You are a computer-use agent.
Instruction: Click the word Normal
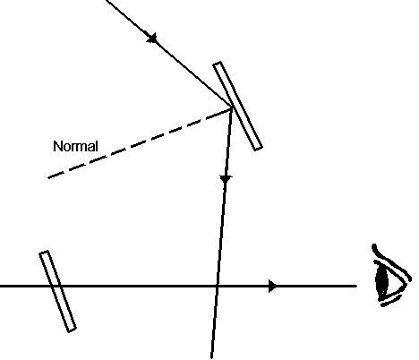pyautogui.click(x=75, y=146)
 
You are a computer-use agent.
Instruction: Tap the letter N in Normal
pyautogui.click(x=57, y=146)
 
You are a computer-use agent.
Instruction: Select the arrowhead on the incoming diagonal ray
pyautogui.click(x=152, y=39)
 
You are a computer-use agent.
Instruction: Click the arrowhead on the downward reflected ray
pyautogui.click(x=226, y=179)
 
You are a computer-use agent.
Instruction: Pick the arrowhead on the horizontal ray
pyautogui.click(x=272, y=286)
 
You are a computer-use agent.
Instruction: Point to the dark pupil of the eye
pyautogui.click(x=381, y=280)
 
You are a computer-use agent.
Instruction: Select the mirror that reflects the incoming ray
pyautogui.click(x=237, y=106)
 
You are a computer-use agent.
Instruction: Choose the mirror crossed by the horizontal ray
pyautogui.click(x=58, y=291)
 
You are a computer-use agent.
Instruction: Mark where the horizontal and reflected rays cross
pyautogui.click(x=217, y=286)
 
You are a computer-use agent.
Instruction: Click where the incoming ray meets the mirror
pyautogui.click(x=232, y=107)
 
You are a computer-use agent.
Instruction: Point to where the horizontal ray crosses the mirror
pyautogui.click(x=56, y=286)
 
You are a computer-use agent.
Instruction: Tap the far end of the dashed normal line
pyautogui.click(x=48, y=178)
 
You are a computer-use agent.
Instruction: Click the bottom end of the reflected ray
pyautogui.click(x=211, y=357)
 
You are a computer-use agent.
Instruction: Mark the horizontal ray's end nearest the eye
pyautogui.click(x=356, y=286)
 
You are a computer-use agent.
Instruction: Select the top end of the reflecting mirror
pyautogui.click(x=217, y=63)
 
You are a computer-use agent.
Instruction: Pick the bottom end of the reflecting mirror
pyautogui.click(x=259, y=149)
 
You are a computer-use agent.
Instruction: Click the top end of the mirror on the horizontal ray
pyautogui.click(x=44, y=253)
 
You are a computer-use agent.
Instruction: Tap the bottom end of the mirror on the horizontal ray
pyautogui.click(x=73, y=330)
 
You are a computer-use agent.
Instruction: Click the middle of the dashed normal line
pyautogui.click(x=141, y=142)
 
